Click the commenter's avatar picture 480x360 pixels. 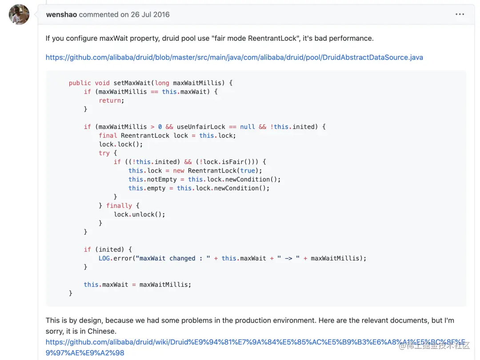pos(19,15)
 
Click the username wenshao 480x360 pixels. pos(61,15)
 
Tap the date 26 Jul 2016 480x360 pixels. pos(150,15)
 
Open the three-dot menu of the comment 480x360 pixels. pos(460,15)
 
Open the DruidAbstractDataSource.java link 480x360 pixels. pos(234,57)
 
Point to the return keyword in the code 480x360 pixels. pos(110,100)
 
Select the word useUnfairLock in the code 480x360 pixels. pos(201,127)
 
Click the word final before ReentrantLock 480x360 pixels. pos(108,136)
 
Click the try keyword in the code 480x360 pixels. pos(104,153)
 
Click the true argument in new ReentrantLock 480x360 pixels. pos(248,171)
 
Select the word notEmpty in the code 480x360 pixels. pos(162,179)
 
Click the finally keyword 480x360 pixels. pos(119,206)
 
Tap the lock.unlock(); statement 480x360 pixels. pos(140,214)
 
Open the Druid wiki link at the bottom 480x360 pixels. pos(256,343)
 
